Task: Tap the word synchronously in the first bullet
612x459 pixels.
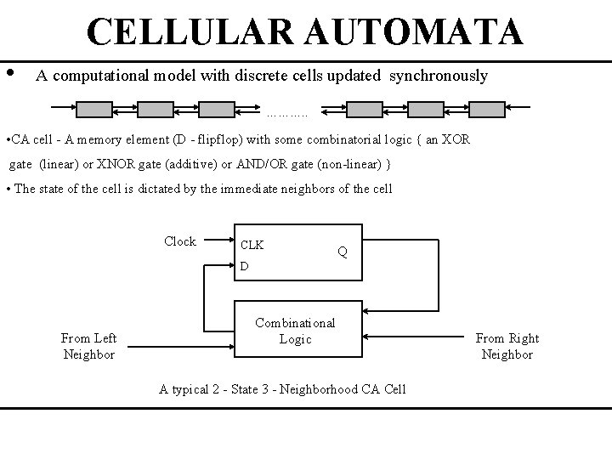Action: pyautogui.click(x=439, y=76)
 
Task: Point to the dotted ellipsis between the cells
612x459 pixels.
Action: pyautogui.click(x=286, y=112)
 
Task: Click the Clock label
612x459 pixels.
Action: pyautogui.click(x=179, y=241)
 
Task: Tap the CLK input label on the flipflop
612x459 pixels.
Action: pyautogui.click(x=252, y=246)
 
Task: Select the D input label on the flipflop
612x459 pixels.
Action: pyautogui.click(x=244, y=267)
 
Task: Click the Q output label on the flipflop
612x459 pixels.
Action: pyautogui.click(x=342, y=252)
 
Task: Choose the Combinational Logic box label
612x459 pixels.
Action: pyautogui.click(x=295, y=331)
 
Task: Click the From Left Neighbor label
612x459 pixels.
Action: pyautogui.click(x=88, y=346)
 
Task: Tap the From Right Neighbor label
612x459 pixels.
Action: pyautogui.click(x=507, y=346)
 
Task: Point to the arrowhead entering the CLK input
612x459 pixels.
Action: pyautogui.click(x=230, y=242)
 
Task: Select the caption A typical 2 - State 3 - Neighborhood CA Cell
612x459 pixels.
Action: pyautogui.click(x=282, y=388)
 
